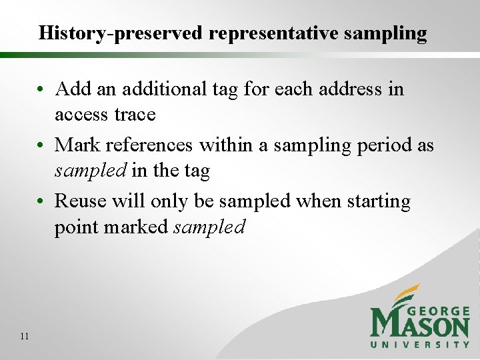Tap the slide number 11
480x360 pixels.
25,336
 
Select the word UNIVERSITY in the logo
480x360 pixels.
420,344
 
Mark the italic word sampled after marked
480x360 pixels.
209,227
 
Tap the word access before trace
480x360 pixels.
81,115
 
